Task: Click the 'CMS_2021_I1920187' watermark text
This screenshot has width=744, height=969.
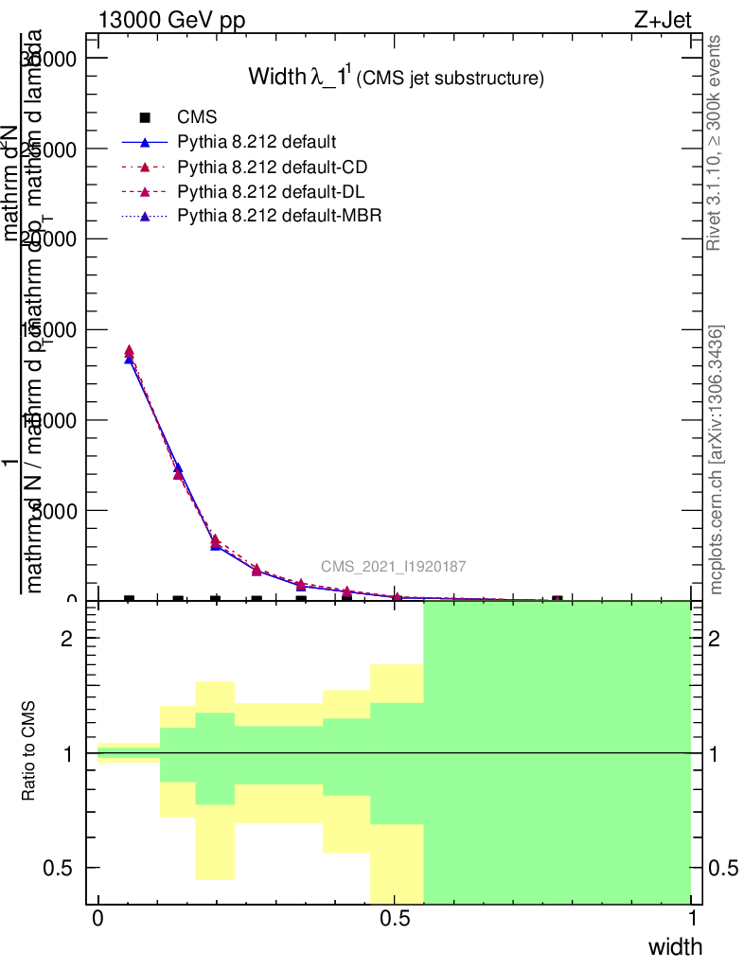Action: click(x=393, y=567)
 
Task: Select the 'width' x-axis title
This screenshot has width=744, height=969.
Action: click(x=675, y=946)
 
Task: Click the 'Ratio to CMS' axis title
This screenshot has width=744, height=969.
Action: click(x=31, y=751)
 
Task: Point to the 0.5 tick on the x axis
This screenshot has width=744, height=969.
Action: click(x=395, y=919)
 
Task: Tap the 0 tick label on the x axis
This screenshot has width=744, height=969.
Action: click(x=98, y=919)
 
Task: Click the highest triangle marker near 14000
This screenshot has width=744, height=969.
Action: click(x=130, y=351)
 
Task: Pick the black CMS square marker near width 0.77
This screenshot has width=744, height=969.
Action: click(x=558, y=600)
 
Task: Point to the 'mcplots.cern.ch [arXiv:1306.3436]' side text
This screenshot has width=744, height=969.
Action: click(x=716, y=460)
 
